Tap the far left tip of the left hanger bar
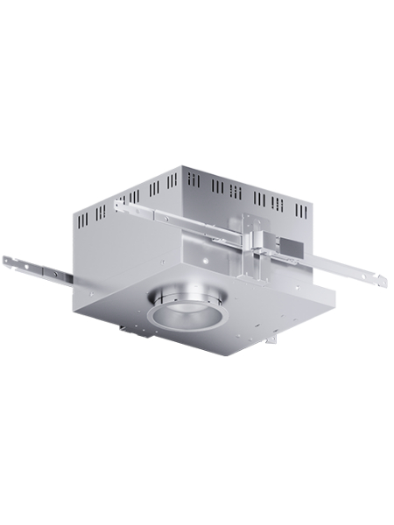(4, 260)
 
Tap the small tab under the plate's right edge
(272, 337)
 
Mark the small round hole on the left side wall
(163, 262)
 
